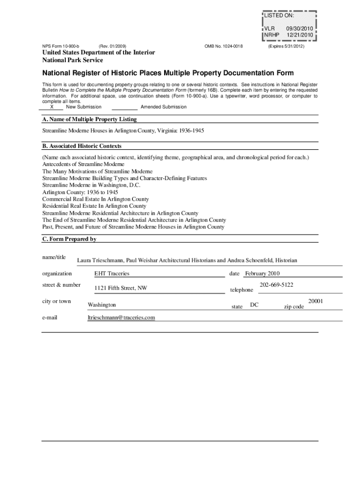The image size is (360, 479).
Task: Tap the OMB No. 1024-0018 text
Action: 223,46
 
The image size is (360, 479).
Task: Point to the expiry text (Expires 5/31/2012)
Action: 286,46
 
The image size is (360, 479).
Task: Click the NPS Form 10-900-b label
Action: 61,46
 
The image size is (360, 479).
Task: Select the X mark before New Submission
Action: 51,107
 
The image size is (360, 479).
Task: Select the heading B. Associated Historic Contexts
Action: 82,146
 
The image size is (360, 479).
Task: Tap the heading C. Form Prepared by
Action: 69,239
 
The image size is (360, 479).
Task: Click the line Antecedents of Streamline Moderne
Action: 83,164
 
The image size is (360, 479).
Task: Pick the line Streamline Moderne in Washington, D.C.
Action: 91,185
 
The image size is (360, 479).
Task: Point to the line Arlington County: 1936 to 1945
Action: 80,192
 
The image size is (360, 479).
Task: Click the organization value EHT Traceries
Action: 112,274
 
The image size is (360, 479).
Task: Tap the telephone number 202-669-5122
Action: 276,285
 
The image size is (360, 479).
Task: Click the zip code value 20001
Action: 316,301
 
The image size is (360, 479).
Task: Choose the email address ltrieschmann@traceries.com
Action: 121,318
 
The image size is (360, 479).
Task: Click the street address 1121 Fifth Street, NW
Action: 121,288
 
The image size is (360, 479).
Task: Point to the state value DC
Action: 254,305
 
